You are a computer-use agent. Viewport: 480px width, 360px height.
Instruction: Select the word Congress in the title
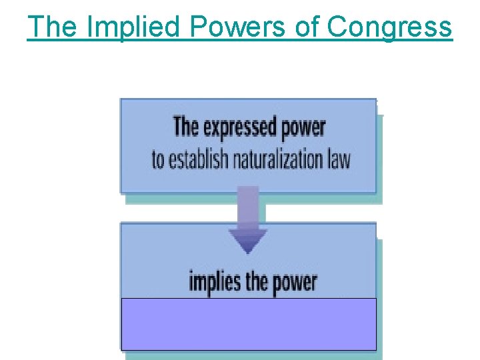(x=389, y=27)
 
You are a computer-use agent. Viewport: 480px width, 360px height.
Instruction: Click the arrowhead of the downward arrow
(x=248, y=240)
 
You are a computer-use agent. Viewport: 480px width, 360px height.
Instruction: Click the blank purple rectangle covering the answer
(x=248, y=324)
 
